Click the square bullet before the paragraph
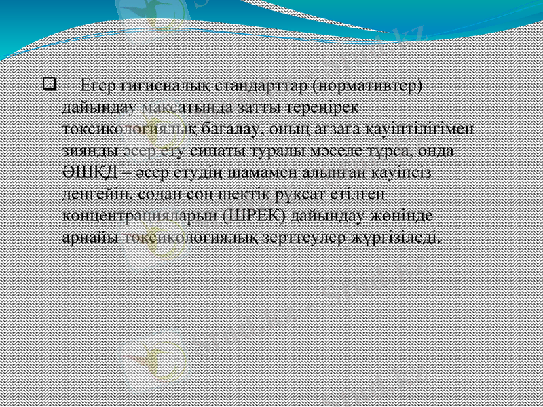click(x=48, y=86)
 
